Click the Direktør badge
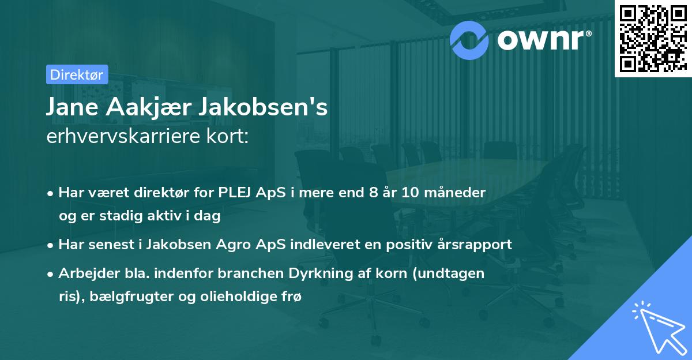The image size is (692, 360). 76,74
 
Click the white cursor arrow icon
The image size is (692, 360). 658,326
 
